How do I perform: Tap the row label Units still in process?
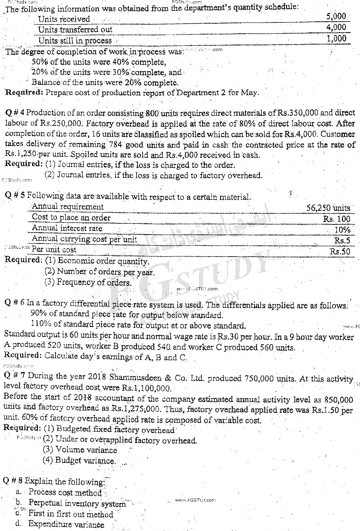click(x=75, y=41)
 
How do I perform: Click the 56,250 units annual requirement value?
click(x=328, y=208)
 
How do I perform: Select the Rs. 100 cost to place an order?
click(x=337, y=219)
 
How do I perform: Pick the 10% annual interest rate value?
click(x=342, y=230)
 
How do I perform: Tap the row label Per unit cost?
click(x=54, y=249)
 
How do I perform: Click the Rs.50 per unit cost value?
click(x=340, y=251)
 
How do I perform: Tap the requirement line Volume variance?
click(x=86, y=450)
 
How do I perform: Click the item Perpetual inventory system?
click(x=77, y=503)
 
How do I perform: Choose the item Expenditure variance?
click(x=66, y=524)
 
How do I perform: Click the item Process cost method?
click(x=65, y=492)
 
